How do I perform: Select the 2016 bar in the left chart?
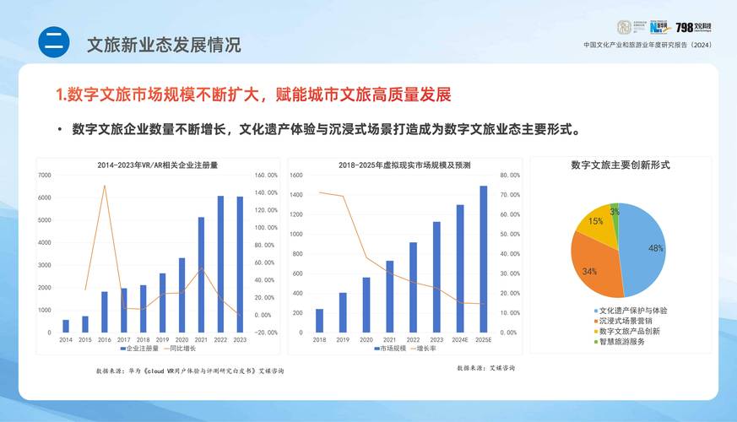105,311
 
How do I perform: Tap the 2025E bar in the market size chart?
484,258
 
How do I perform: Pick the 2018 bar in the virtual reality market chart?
319,320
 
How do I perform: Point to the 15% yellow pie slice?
596,222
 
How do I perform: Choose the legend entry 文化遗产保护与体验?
633,311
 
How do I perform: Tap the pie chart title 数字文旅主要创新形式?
620,165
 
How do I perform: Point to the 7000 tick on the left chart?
43,175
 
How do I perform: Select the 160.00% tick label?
266,175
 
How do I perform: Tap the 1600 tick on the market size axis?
296,175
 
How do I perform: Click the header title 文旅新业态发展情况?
164,44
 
